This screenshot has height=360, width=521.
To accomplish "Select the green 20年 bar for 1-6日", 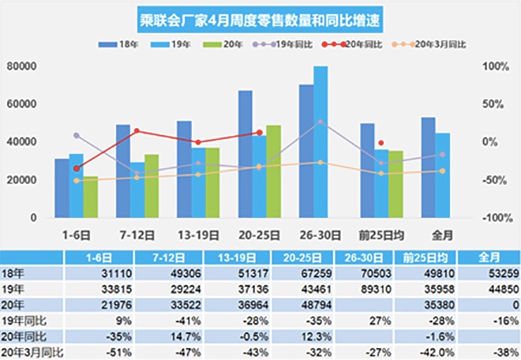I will point(90,197).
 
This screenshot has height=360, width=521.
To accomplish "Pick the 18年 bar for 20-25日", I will point(246,154).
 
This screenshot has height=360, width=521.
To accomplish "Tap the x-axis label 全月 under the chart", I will point(442,234).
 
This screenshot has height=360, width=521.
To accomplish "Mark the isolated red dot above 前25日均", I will point(381,143).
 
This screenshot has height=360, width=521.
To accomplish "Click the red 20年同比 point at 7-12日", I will point(137,131).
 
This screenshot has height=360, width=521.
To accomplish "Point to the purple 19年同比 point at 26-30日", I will point(320,122).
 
